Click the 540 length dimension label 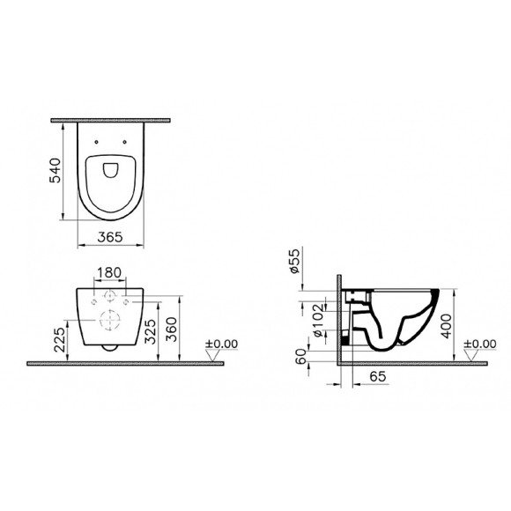[55, 170]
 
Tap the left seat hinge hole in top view [94, 140]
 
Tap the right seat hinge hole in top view [125, 140]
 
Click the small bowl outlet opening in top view [110, 169]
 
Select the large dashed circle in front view [109, 320]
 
